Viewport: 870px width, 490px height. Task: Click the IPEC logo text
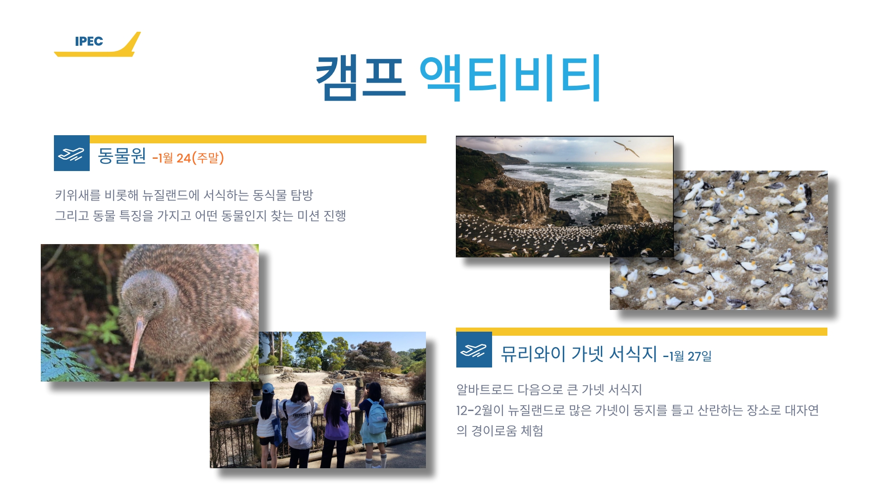tap(89, 41)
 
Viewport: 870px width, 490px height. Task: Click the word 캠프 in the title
tap(360, 77)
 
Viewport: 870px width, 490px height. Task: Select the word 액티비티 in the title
tap(510, 77)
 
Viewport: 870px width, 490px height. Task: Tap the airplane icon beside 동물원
tap(72, 153)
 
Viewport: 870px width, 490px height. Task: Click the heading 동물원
tap(122, 156)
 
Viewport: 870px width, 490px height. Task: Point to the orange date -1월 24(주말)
tap(188, 158)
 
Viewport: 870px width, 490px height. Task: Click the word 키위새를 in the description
tap(77, 195)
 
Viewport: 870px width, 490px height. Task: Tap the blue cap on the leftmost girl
tap(268, 388)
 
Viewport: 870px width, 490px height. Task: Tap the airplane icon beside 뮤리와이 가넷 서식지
tap(474, 350)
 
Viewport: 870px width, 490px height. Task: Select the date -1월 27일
tap(687, 356)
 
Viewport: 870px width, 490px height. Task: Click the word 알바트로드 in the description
tap(485, 390)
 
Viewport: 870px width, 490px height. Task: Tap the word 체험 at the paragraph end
tap(532, 431)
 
